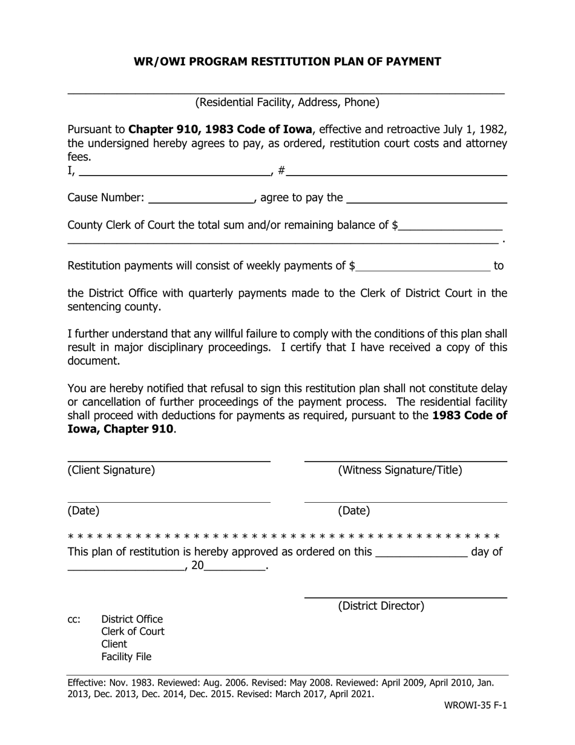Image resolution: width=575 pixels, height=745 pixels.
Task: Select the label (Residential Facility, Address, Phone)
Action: coord(287,102)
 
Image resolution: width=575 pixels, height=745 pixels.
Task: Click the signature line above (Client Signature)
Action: coord(168,460)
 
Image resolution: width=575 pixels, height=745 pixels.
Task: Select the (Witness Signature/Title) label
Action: coord(399,470)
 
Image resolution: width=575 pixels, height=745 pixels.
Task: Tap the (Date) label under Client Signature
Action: coord(84,511)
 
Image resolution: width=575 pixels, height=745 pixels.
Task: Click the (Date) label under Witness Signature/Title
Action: coord(353,511)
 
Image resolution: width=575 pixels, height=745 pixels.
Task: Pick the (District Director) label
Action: coord(381,606)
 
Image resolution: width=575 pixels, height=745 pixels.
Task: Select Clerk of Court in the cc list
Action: coord(133,631)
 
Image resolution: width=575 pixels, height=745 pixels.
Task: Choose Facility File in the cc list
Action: coord(126,657)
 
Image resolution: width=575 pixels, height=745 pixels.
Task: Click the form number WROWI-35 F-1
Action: coord(476,706)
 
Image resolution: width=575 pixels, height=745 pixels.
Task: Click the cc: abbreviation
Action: coord(74,619)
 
